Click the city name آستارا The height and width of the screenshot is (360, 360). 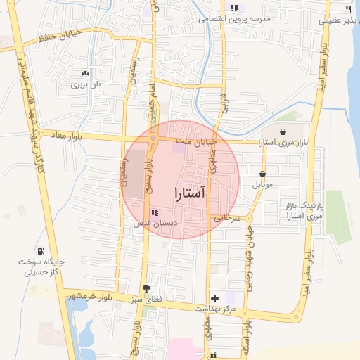click(x=189, y=193)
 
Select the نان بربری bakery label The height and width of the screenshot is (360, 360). click(x=85, y=84)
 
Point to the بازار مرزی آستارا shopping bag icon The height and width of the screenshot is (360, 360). click(x=283, y=131)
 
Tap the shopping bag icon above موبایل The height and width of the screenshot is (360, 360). click(x=262, y=174)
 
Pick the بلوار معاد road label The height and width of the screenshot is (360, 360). click(x=61, y=136)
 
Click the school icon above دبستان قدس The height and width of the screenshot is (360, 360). click(x=155, y=212)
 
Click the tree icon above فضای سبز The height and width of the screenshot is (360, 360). click(x=146, y=288)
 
